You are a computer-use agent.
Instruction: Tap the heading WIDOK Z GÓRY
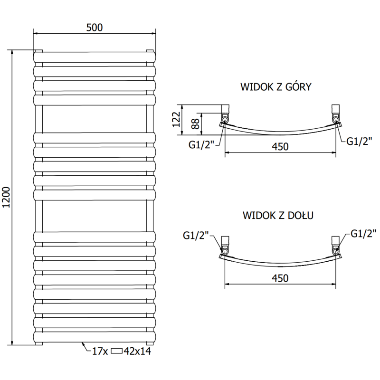coord(275,87)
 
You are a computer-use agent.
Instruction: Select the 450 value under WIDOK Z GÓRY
coord(280,147)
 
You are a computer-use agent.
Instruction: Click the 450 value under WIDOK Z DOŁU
coord(280,278)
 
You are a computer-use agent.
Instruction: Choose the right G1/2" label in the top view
coord(358,141)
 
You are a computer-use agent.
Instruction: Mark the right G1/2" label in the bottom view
coord(363,233)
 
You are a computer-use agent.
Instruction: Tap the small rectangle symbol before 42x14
coord(116,351)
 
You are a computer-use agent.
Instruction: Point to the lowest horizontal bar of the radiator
coord(94,336)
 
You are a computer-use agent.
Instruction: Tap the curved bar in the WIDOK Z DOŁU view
coord(280,263)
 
